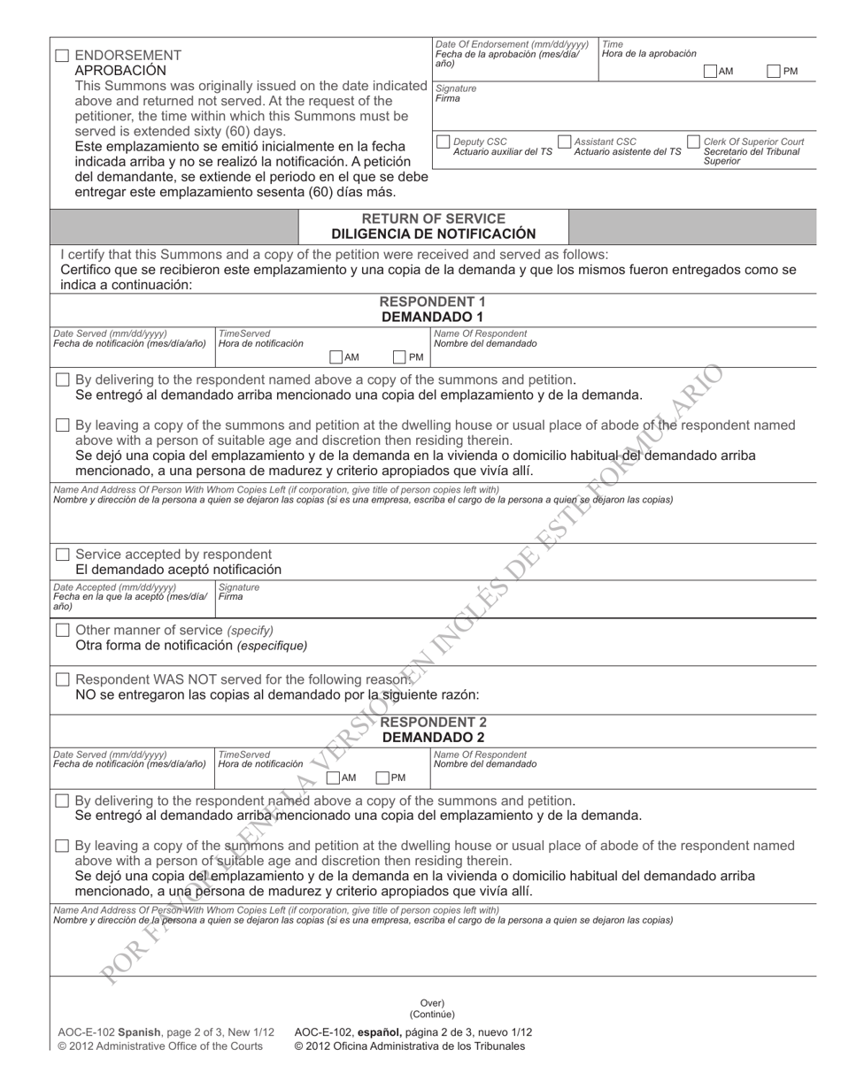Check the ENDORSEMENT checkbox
(62, 56)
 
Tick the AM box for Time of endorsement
(710, 71)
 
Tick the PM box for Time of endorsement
(774, 71)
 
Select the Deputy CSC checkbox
(444, 142)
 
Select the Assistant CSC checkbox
(564, 142)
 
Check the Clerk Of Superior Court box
(694, 142)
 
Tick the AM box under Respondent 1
(336, 357)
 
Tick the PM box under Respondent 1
(399, 357)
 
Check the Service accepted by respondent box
(62, 555)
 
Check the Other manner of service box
(62, 630)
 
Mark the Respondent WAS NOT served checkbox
(62, 679)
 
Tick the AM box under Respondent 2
(333, 778)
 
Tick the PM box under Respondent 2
(382, 778)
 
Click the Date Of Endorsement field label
(511, 44)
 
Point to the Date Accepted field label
(114, 587)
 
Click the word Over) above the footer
(432, 1003)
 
